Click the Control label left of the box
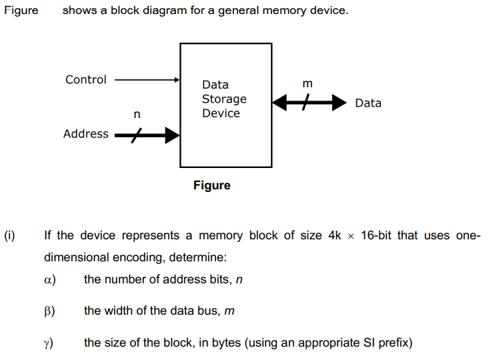click(x=85, y=80)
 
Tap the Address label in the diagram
click(x=85, y=134)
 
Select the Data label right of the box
click(x=368, y=103)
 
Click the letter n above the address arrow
click(x=137, y=115)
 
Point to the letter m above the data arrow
click(x=307, y=84)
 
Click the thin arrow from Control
click(x=147, y=80)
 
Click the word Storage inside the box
click(x=224, y=99)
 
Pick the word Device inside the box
click(x=221, y=113)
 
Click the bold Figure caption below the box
click(x=212, y=185)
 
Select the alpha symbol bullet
click(x=48, y=279)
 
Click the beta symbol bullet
click(x=48, y=311)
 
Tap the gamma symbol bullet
click(x=48, y=343)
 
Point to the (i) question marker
click(x=9, y=235)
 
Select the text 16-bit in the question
click(x=381, y=235)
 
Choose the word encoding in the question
click(x=141, y=257)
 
